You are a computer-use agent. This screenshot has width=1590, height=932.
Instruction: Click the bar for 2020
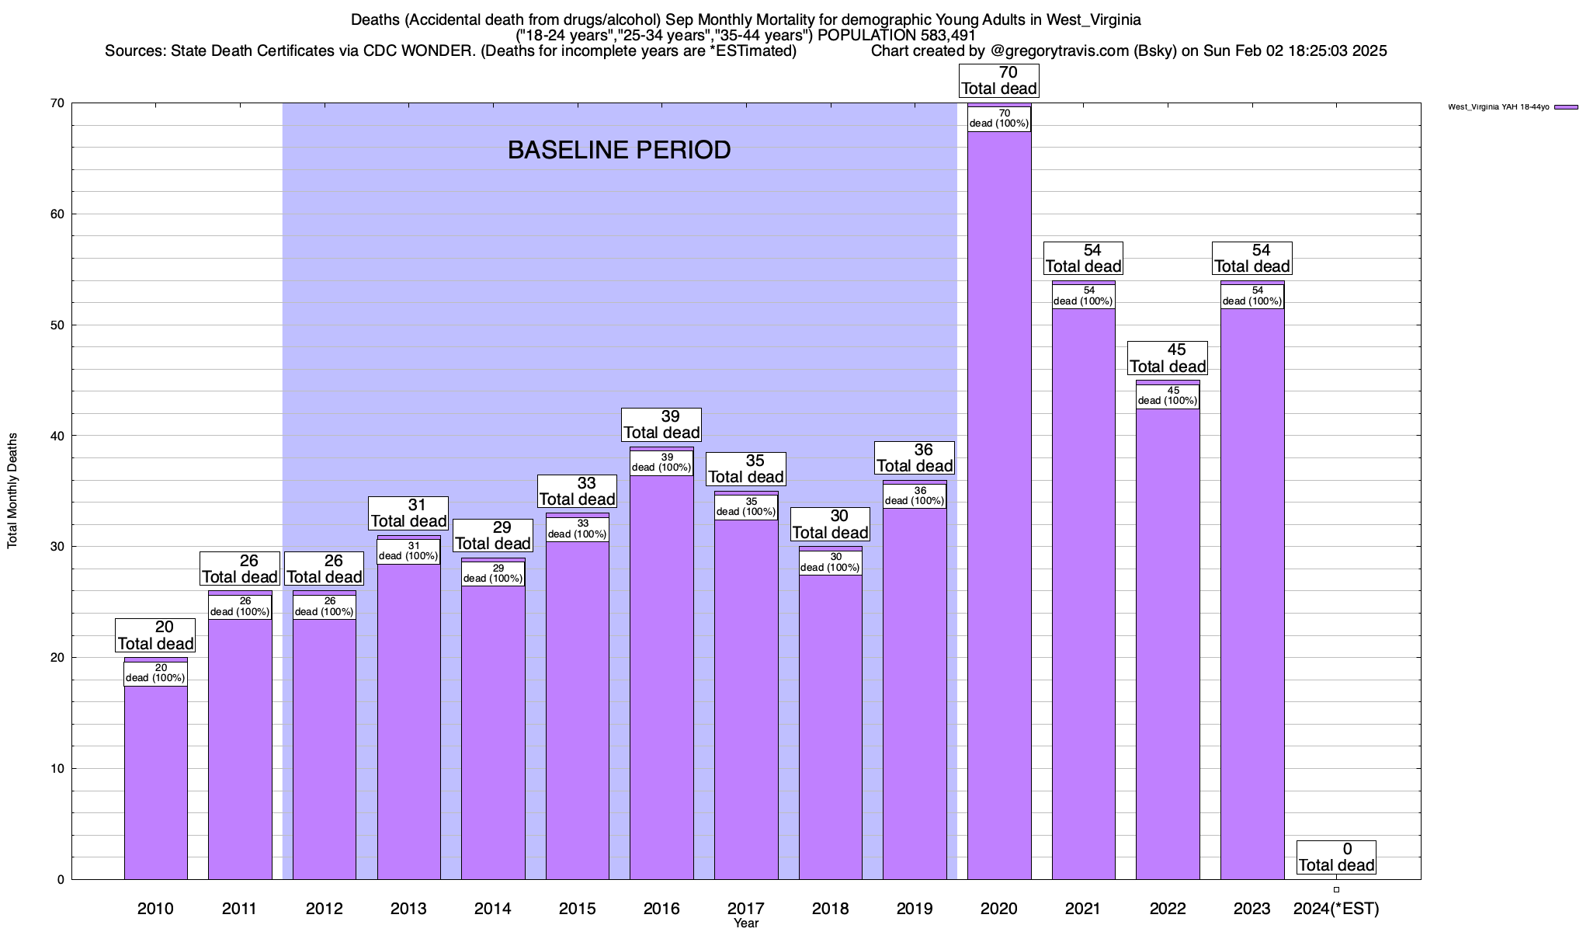tap(999, 505)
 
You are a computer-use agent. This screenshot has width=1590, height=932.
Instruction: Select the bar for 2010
tap(155, 777)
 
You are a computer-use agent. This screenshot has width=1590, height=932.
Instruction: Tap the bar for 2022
tap(1168, 637)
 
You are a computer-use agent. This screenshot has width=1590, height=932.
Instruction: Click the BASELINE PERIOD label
tap(619, 150)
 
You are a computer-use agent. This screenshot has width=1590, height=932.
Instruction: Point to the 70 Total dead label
tap(998, 81)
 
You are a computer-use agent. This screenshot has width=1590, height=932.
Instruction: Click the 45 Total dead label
tap(1167, 359)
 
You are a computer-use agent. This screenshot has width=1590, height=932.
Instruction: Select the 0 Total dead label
tap(1336, 857)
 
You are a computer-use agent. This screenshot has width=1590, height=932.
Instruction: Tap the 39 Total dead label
tap(661, 425)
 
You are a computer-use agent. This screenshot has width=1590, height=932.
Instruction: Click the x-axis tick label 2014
tap(493, 909)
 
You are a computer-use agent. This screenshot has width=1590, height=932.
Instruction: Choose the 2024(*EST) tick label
tap(1336, 909)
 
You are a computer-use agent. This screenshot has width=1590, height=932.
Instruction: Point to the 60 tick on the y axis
tap(58, 214)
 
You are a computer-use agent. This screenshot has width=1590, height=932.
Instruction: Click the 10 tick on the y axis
tap(58, 769)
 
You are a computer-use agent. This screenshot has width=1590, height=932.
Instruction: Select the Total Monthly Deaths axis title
tap(12, 491)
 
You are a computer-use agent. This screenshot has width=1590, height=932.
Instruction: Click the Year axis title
tap(746, 923)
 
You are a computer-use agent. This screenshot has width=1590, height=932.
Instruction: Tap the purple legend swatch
tap(1566, 107)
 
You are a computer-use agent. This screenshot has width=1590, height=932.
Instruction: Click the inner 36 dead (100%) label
tap(915, 496)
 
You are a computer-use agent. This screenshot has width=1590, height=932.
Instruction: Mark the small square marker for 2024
tap(1336, 890)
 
